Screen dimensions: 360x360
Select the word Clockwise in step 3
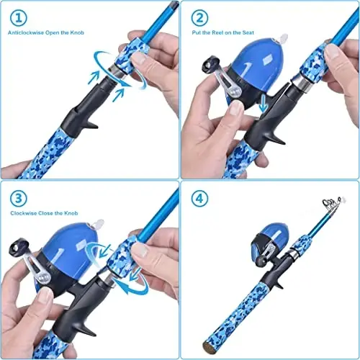pyautogui.click(x=24, y=212)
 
